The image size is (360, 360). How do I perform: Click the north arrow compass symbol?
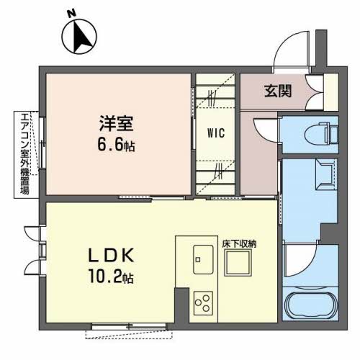[x=79, y=37]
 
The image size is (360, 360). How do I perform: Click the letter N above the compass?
[x=71, y=14]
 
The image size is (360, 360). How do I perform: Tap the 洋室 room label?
[x=116, y=123]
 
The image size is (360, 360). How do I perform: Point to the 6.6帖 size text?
[x=116, y=145]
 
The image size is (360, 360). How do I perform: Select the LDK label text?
[x=111, y=256]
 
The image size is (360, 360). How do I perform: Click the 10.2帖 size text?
[x=111, y=276]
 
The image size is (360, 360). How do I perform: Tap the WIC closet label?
[x=216, y=132]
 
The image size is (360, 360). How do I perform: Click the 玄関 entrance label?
[x=278, y=91]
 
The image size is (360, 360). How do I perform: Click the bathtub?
[x=310, y=304]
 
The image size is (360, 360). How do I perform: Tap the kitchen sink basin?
[x=203, y=259]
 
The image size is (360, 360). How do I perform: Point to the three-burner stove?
[x=203, y=303]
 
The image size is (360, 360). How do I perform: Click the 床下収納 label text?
[x=239, y=244]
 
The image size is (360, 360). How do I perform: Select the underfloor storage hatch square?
[x=238, y=263]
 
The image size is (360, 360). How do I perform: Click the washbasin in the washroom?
[x=325, y=174]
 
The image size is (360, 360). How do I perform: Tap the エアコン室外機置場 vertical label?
[x=25, y=154]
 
